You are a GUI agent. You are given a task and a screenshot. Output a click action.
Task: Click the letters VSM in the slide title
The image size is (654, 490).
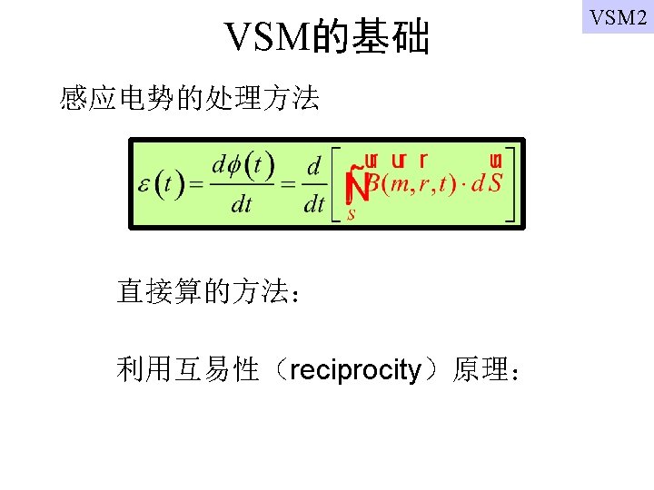click(268, 38)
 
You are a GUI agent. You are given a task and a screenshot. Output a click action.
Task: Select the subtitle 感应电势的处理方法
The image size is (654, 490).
click(189, 98)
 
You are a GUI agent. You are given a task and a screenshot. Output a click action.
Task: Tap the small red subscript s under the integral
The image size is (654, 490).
click(352, 216)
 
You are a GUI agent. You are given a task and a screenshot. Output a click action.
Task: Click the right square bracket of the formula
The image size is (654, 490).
click(510, 184)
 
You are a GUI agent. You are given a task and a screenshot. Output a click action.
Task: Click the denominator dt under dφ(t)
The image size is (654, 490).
click(242, 205)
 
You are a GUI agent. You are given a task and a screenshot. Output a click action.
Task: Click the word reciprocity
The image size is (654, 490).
click(356, 370)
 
